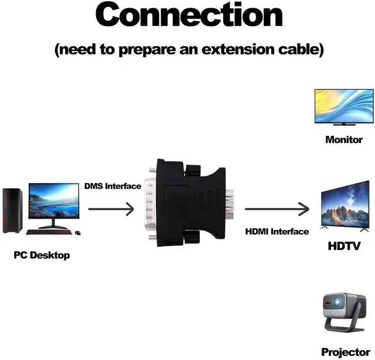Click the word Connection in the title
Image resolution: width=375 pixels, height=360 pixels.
pyautogui.click(x=189, y=15)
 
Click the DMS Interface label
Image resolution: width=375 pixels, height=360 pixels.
pyautogui.click(x=112, y=186)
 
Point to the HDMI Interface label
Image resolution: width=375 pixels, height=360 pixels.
pyautogui.click(x=277, y=232)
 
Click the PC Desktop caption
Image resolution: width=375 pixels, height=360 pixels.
pyautogui.click(x=42, y=255)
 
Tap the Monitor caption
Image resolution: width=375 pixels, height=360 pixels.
pyautogui.click(x=344, y=140)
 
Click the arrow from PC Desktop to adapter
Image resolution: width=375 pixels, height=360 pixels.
pyautogui.click(x=111, y=208)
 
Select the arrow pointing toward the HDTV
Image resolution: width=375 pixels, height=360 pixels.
pyautogui.click(x=277, y=208)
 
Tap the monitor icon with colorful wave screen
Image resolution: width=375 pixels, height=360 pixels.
pyautogui.click(x=344, y=106)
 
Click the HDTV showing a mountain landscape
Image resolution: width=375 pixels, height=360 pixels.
pyautogui.click(x=345, y=205)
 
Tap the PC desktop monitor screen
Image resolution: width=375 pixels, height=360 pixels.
pyautogui.click(x=53, y=201)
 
